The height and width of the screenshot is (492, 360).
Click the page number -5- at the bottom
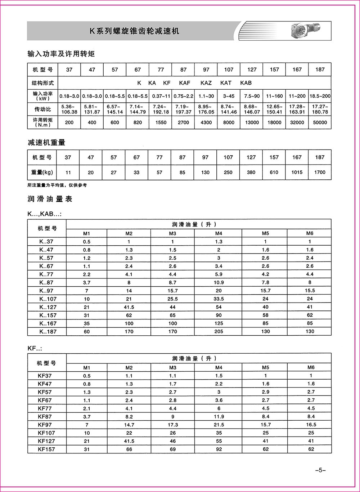click(320, 470)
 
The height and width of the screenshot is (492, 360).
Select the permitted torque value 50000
click(320, 122)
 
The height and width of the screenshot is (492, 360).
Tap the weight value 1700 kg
click(320, 172)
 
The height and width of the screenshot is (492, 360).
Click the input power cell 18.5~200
click(320, 97)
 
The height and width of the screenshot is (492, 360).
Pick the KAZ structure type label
click(206, 83)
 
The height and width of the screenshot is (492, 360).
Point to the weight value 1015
click(297, 172)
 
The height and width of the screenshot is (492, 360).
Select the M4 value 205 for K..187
click(219, 331)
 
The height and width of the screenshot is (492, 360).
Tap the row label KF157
click(47, 449)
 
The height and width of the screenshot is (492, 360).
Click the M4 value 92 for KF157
click(219, 449)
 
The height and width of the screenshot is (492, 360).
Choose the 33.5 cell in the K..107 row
click(219, 299)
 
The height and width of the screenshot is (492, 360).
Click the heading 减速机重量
click(46, 143)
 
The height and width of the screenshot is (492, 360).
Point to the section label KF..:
click(35, 349)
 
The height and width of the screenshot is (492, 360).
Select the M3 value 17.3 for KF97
click(173, 425)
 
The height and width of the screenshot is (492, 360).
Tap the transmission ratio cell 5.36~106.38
click(69, 109)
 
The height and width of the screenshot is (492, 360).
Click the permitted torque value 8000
click(229, 122)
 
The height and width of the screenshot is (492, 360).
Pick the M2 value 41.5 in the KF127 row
click(129, 441)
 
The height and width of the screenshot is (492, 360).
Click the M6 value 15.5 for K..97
click(310, 290)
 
